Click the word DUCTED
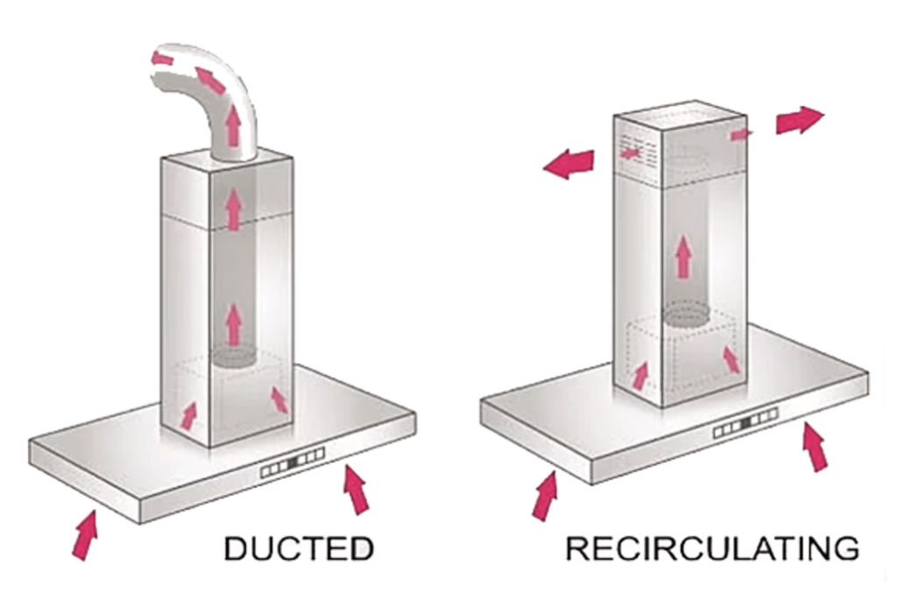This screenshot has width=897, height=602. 299,549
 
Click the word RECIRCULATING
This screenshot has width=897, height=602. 711,549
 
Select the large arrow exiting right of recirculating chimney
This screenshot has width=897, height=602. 799,120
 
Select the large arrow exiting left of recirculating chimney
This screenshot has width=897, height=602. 569,163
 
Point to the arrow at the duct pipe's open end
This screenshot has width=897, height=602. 162,58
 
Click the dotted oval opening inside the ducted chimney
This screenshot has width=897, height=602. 232,357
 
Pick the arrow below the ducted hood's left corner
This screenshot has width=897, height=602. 85,535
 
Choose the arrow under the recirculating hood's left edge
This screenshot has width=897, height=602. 544,495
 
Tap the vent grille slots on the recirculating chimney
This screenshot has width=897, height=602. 637,151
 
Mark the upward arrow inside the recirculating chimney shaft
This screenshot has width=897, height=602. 683,258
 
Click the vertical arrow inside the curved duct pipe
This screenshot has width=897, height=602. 233,125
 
